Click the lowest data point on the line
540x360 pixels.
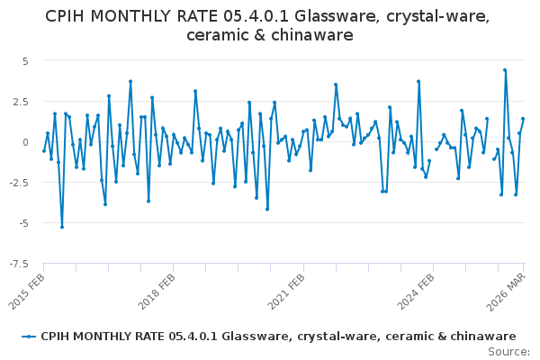tap(62, 227)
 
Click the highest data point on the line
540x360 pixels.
tap(505, 70)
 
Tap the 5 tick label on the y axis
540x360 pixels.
tap(25, 61)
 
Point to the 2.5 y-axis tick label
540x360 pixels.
tap(22, 102)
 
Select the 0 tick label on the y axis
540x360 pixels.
tap(25, 142)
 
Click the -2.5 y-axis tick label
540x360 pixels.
tap(20, 183)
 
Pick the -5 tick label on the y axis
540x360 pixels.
tap(23, 223)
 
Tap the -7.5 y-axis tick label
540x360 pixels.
tap(20, 264)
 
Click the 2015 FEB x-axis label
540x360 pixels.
tap(27, 292)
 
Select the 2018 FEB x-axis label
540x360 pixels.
tap(157, 292)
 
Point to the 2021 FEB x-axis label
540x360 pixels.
tap(286, 292)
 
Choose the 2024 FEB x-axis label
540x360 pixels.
tap(416, 292)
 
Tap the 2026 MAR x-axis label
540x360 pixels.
tap(506, 292)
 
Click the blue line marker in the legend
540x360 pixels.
tap(29, 337)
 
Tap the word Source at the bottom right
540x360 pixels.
tap(508, 352)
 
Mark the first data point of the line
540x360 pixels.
tap(44, 151)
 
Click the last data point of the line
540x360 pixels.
tap(523, 119)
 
